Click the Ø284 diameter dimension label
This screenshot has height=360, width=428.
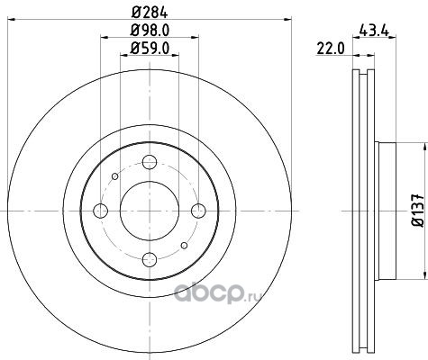click(x=150, y=13)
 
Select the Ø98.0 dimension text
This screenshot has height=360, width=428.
click(x=150, y=31)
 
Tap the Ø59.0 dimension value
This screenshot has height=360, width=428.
click(x=150, y=48)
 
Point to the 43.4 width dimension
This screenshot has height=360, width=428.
click(x=374, y=31)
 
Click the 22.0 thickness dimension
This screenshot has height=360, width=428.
click(x=331, y=49)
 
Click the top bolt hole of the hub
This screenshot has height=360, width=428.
click(x=150, y=162)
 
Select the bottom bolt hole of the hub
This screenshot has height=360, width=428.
click(x=150, y=259)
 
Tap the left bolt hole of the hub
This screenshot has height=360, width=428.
click(x=101, y=211)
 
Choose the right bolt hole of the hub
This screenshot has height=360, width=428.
click(x=198, y=211)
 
